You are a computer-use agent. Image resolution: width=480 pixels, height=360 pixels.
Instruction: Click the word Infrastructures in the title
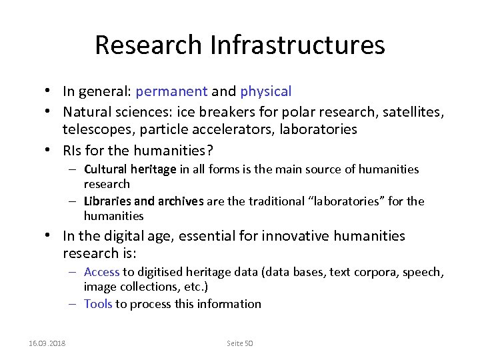click(297, 45)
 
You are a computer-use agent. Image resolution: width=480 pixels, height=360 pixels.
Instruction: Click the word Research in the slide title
click(149, 45)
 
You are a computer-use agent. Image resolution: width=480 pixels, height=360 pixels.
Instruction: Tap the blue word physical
click(266, 91)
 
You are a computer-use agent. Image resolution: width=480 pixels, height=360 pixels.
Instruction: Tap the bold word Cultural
click(106, 169)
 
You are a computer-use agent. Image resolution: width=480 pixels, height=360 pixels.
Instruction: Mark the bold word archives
click(181, 201)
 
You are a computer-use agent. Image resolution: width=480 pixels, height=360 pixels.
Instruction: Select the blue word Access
click(101, 272)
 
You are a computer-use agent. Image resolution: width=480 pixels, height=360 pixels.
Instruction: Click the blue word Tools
click(98, 304)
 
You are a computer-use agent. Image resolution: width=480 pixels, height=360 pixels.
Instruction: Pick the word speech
click(423, 272)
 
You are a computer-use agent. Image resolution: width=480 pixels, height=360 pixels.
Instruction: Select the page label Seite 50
click(240, 343)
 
